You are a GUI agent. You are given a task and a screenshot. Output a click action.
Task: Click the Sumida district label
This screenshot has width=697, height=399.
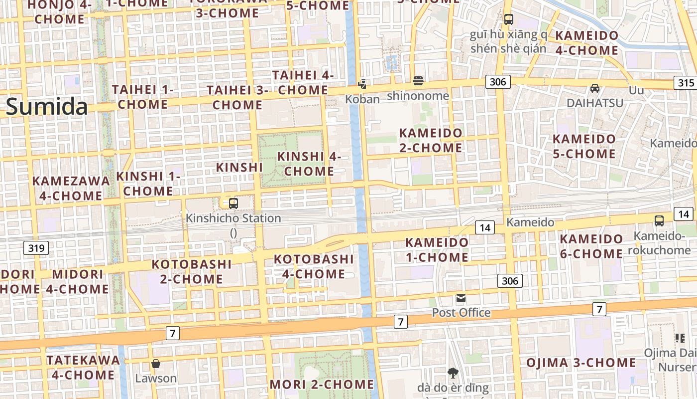pyautogui.click(x=47, y=107)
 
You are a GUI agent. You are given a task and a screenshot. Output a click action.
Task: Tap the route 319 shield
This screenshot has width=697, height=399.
pyautogui.click(x=36, y=247)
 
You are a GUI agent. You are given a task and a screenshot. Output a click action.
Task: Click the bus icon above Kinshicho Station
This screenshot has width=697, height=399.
pyautogui.click(x=233, y=203)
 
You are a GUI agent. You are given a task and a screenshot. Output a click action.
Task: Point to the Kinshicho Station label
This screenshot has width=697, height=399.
pyautogui.click(x=233, y=218)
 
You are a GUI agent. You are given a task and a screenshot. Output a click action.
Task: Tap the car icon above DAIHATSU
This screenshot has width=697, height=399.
pyautogui.click(x=594, y=88)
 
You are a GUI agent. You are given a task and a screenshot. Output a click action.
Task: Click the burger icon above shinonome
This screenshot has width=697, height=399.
pyautogui.click(x=418, y=81)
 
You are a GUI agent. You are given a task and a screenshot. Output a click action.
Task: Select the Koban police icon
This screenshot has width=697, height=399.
pyautogui.click(x=363, y=84)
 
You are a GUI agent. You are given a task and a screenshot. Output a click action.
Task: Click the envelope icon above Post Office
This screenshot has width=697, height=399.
pyautogui.click(x=461, y=299)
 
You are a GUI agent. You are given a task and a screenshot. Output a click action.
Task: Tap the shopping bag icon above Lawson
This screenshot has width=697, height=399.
pyautogui.click(x=156, y=364)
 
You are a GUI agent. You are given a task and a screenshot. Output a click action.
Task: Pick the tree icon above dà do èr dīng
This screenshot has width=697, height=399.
pyautogui.click(x=453, y=373)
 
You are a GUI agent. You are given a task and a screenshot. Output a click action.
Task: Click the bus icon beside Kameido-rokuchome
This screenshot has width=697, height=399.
pyautogui.click(x=659, y=220)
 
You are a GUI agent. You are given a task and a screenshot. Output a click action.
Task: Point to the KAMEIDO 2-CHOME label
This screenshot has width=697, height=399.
pyautogui.click(x=431, y=141)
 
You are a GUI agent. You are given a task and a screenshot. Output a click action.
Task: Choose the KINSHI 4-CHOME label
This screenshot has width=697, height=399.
pyautogui.click(x=309, y=164)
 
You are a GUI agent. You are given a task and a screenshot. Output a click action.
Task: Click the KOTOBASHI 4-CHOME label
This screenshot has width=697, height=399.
pyautogui.click(x=314, y=266)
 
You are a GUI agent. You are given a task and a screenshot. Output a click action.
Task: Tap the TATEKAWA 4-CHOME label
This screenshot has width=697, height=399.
pyautogui.click(x=83, y=367)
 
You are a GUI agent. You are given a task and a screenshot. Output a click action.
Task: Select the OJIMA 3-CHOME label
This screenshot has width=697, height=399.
pyautogui.click(x=581, y=363)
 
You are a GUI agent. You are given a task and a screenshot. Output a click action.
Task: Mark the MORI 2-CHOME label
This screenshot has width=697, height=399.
pyautogui.click(x=322, y=385)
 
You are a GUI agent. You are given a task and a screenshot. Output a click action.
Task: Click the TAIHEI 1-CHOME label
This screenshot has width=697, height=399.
pyautogui.click(x=143, y=97)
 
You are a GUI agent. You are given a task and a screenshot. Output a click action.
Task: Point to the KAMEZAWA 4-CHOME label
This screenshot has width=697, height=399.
pyautogui.click(x=71, y=188)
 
